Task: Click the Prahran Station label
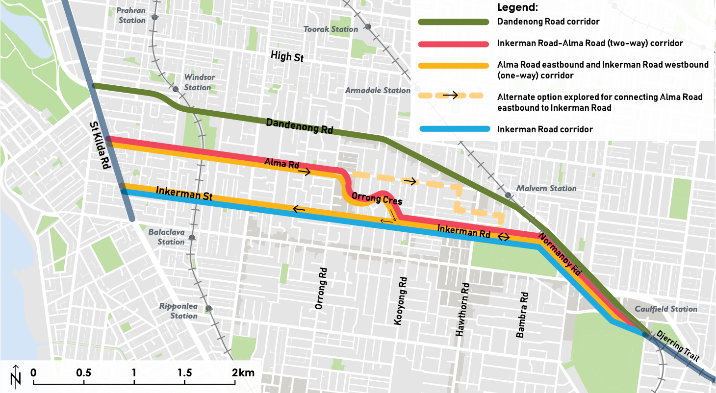point(132,16)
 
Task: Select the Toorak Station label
point(331,29)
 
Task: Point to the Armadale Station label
point(378,90)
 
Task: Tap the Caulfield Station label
point(666,309)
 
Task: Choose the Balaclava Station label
point(167,237)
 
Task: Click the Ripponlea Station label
point(178,311)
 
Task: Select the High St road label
point(287,57)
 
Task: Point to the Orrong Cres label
point(377,199)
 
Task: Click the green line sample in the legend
point(453,22)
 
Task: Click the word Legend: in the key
point(517,8)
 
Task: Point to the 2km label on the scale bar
point(244,372)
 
